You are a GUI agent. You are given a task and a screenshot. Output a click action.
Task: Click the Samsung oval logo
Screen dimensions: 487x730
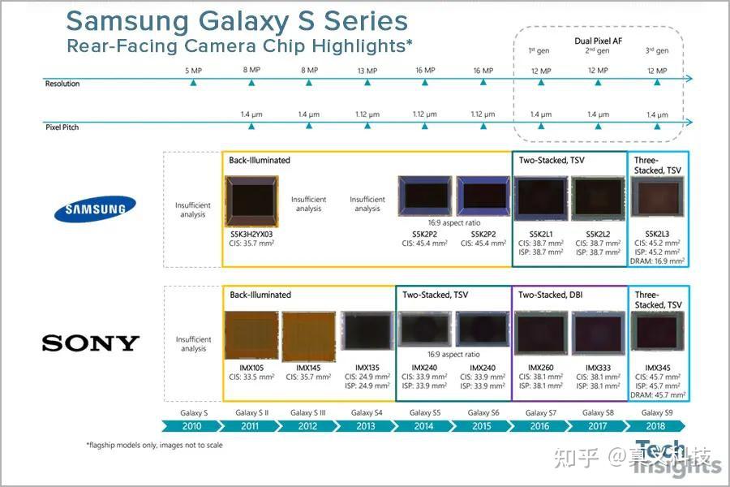(x=90, y=209)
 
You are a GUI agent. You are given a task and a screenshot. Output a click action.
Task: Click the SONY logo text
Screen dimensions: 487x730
(x=90, y=343)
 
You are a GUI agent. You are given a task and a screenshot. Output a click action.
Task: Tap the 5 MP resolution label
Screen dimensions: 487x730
(x=193, y=71)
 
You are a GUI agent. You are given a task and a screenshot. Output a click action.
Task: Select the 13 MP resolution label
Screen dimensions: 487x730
(x=367, y=71)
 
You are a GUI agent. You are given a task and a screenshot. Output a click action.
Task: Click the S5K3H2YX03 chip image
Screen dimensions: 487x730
(x=251, y=202)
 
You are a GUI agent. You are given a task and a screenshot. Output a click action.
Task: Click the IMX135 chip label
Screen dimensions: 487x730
(x=367, y=368)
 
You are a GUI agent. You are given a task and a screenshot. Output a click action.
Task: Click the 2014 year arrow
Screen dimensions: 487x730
(x=423, y=426)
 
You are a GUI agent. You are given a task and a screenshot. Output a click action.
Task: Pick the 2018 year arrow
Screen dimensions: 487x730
(x=655, y=426)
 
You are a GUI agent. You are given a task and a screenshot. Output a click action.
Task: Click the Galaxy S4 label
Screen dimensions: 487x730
(x=367, y=412)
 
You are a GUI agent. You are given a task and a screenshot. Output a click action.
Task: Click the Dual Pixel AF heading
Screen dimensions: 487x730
(x=597, y=39)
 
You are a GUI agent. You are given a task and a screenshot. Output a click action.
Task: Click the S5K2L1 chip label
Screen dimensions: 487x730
(x=540, y=234)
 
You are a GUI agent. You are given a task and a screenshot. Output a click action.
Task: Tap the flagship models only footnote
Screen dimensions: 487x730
(x=154, y=445)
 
